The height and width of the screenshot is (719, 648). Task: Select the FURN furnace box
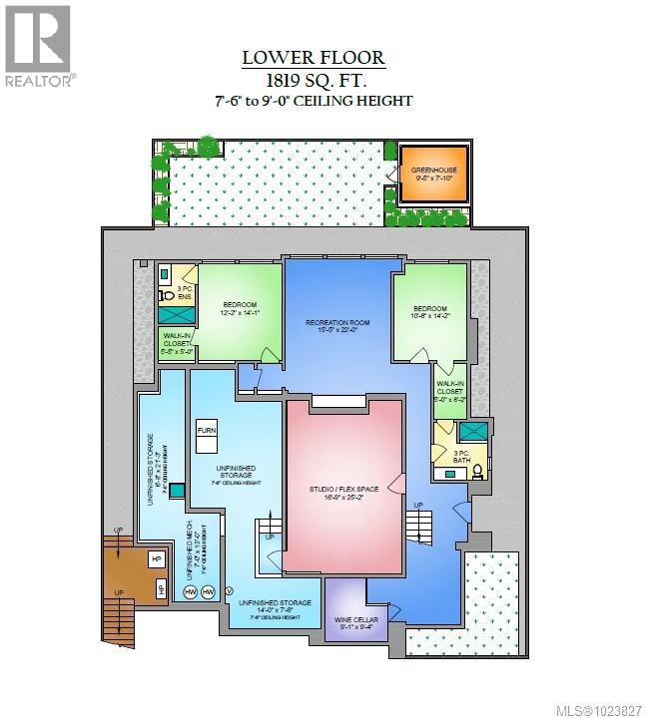[207, 430]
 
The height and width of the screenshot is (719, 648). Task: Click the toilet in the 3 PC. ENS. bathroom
[167, 295]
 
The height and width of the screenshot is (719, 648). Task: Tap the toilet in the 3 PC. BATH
[477, 470]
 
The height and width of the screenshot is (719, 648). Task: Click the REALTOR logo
[37, 45]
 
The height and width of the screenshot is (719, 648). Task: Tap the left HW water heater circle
[190, 592]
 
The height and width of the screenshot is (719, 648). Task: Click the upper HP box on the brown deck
[157, 559]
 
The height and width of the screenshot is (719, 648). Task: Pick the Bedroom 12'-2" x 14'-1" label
[240, 309]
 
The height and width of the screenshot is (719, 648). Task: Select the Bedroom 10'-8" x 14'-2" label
[430, 314]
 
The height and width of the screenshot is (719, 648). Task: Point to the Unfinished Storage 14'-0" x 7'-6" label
[274, 608]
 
